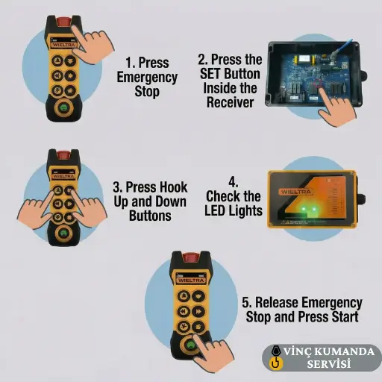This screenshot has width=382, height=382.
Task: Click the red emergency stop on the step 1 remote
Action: pos(63,22)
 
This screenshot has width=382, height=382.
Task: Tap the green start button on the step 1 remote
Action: pos(64,107)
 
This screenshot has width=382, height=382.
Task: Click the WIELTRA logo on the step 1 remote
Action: pos(63,45)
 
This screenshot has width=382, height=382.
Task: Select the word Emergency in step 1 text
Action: pos(147,78)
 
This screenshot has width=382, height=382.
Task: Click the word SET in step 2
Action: pos(210,74)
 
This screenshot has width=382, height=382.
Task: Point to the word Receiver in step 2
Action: pos(231,102)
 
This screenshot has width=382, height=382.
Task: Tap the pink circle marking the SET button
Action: pos(318,84)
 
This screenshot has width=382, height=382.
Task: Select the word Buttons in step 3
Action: pos(150,216)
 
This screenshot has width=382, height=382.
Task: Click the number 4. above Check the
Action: pos(234,182)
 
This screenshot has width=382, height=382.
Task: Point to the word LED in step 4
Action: pos(214,210)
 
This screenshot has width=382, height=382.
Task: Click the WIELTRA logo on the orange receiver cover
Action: pos(296,192)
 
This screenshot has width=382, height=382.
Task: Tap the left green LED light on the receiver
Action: pos(304,209)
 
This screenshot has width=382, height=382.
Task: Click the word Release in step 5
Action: pos(277,302)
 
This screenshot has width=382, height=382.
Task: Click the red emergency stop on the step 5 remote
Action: pos(190,258)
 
